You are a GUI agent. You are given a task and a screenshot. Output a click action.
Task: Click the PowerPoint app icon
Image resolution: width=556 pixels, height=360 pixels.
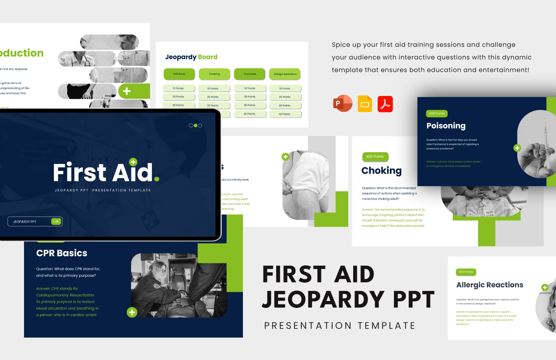342,104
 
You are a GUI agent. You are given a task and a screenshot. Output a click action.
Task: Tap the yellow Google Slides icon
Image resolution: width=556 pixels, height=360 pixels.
365,104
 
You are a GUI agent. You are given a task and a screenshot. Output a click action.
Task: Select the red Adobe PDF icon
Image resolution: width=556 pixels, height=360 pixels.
385,104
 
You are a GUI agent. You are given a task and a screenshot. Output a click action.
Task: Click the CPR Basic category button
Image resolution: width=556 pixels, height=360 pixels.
179,74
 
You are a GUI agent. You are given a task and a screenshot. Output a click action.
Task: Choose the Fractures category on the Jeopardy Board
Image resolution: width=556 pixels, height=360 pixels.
250,74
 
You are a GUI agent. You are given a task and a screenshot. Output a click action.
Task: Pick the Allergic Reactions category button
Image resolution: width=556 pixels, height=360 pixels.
285,74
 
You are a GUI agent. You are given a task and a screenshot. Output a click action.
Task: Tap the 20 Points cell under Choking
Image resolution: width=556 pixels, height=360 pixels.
213,97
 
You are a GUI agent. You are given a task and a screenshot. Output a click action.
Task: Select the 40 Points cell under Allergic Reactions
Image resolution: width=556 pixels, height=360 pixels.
284,114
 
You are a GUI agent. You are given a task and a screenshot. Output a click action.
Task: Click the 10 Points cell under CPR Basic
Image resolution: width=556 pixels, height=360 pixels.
178,88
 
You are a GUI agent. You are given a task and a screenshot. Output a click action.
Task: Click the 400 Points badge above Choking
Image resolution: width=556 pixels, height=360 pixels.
375,157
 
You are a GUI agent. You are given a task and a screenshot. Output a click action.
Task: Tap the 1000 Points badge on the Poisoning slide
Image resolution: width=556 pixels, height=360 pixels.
437,114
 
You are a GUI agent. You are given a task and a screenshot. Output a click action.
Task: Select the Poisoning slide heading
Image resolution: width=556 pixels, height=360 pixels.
446,126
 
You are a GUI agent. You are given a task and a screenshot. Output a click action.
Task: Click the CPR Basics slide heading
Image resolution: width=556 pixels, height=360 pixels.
62,253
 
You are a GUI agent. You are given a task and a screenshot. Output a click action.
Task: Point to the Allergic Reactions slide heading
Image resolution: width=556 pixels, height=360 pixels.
490,285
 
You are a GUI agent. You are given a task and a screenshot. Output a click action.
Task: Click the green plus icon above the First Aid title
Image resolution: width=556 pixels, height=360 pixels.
133,162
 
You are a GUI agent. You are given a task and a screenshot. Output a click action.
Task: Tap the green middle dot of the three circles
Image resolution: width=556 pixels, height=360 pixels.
195,125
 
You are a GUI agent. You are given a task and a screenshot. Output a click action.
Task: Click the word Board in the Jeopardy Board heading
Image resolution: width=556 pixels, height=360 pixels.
208,57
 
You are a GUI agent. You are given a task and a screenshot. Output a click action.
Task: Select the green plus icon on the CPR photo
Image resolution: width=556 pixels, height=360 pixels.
132,312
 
